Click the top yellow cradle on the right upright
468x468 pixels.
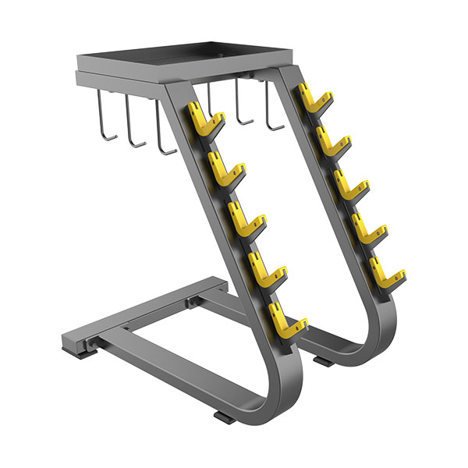coord(315,101)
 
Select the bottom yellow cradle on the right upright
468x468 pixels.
coord(387,273)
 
